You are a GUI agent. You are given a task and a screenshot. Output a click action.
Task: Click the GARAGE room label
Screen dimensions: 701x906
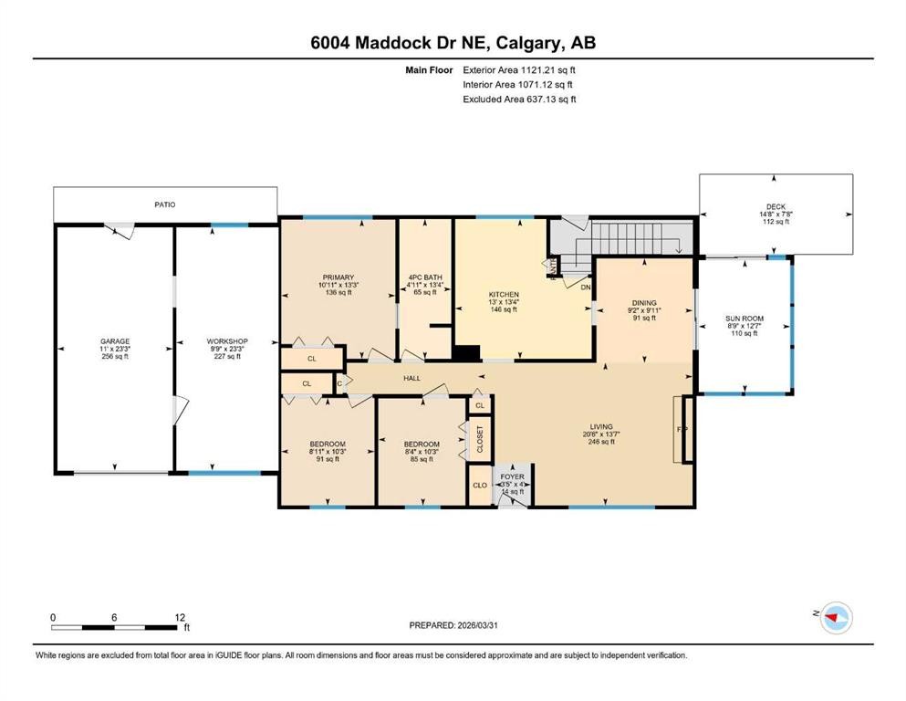pyautogui.click(x=114, y=341)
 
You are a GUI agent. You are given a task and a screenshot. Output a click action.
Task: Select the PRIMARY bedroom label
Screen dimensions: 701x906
pyautogui.click(x=338, y=277)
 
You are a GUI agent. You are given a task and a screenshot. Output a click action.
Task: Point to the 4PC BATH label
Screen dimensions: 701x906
pyautogui.click(x=425, y=277)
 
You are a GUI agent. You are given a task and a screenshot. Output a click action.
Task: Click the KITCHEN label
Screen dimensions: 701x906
pyautogui.click(x=503, y=295)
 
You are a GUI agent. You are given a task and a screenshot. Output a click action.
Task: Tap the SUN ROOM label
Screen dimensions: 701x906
pyautogui.click(x=745, y=319)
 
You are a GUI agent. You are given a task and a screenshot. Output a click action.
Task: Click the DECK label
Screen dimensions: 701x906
pyautogui.click(x=776, y=206)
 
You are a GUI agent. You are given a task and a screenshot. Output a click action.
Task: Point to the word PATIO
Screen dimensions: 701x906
pyautogui.click(x=164, y=204)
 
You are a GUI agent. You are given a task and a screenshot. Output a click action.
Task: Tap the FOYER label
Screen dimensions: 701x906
pyautogui.click(x=512, y=476)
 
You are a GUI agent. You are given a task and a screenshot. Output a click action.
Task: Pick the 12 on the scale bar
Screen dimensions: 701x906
pyautogui.click(x=180, y=617)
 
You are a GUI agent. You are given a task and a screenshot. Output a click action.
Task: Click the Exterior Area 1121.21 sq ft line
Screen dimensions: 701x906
pyautogui.click(x=519, y=69)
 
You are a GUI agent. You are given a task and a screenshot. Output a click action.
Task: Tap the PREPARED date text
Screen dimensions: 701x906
pyautogui.click(x=453, y=625)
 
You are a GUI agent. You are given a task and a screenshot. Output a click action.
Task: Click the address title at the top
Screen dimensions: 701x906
pyautogui.click(x=453, y=43)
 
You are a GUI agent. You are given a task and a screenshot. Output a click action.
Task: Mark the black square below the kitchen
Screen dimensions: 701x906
pyautogui.click(x=467, y=353)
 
